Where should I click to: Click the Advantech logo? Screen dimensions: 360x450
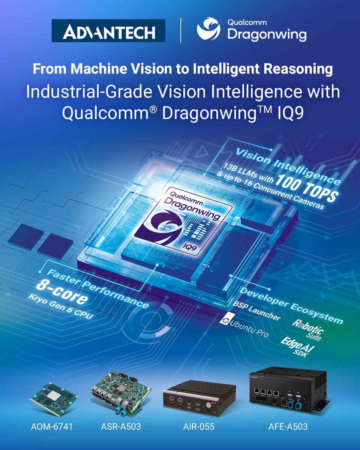point(108,30)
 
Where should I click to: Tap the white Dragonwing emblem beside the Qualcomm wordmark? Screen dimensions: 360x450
point(208,29)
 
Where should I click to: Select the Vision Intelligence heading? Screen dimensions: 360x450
point(288,166)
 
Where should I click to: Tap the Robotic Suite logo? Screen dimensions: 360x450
point(308,330)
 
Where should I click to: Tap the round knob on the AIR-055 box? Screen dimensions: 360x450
point(209,405)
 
